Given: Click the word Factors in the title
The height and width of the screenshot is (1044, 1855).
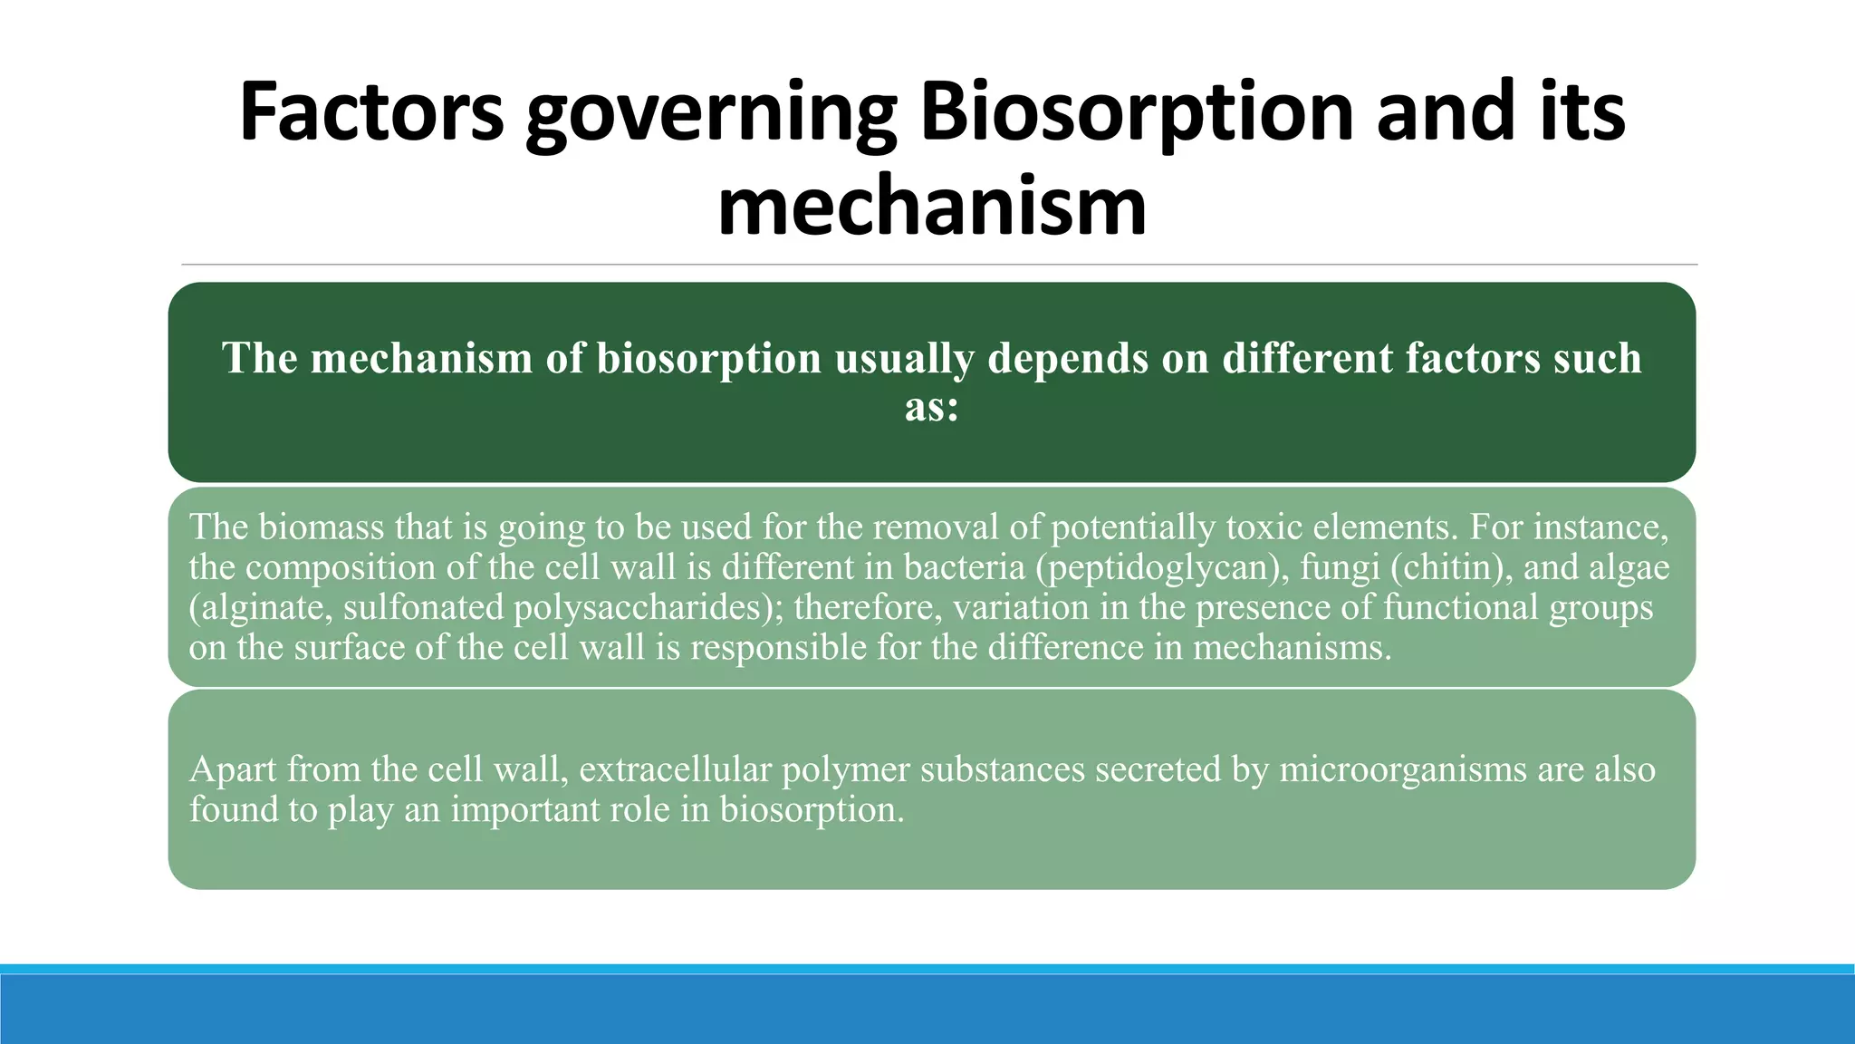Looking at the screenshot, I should coord(371,112).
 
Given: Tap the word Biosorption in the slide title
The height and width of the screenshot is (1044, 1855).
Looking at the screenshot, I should coord(1138,112).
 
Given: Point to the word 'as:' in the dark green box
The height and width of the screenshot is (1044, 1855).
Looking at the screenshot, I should coord(932,407).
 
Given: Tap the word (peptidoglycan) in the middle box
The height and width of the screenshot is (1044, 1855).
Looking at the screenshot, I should coord(1161,568).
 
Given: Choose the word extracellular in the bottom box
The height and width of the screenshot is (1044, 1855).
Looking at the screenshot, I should coord(675,769).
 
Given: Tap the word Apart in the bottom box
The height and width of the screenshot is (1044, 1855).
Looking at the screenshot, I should coord(233,769).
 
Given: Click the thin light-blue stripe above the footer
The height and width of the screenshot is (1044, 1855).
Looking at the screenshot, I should coord(927,969).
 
